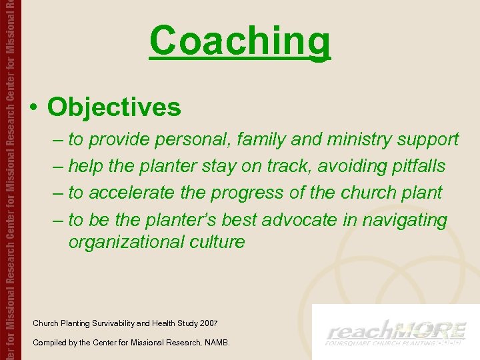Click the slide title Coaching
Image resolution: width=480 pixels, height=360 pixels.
239,41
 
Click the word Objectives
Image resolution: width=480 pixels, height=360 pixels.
114,107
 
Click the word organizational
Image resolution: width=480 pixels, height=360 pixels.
125,241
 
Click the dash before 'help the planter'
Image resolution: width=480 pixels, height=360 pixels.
58,166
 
